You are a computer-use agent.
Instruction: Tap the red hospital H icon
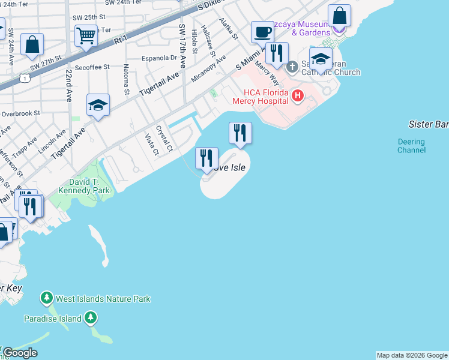click(297, 95)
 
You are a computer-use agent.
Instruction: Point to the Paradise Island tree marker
click(90, 318)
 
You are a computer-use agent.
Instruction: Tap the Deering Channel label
click(411, 146)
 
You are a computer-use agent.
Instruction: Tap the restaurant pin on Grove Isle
click(206, 158)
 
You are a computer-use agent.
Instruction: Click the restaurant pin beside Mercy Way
click(277, 53)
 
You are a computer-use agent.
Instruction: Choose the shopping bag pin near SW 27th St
click(32, 44)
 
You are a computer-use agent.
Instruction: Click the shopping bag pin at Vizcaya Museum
click(339, 16)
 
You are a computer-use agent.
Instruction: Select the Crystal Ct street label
click(164, 137)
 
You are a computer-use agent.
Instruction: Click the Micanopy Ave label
click(208, 69)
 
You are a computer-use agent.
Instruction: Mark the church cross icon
click(292, 66)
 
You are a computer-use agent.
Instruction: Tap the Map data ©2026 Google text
click(412, 355)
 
